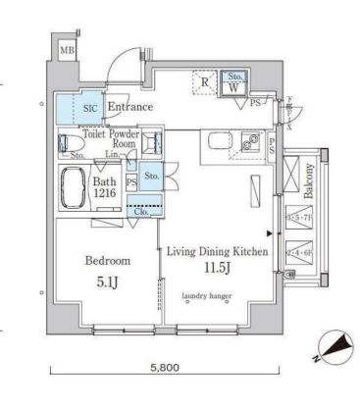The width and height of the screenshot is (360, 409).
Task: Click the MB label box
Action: coord(67,50)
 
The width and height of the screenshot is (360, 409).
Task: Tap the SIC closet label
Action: coord(89,108)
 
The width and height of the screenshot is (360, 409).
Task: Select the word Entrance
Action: coord(129,107)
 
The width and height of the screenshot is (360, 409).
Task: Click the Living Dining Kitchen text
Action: coord(218,253)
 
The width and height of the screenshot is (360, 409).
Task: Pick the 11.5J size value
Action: coord(217,269)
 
